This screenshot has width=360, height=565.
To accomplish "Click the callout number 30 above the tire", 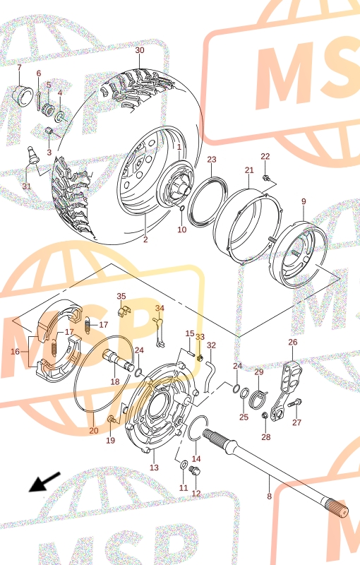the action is point(140,50).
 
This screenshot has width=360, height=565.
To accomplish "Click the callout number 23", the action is point(212,160).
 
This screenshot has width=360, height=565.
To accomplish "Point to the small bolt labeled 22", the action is point(265,178).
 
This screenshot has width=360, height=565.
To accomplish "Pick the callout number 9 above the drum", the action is point(304,201).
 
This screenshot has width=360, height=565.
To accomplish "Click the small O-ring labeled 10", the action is point(182,208).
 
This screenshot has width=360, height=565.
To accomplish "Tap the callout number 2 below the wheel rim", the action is point(145,239).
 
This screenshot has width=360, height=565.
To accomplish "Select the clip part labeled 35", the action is point(124,311).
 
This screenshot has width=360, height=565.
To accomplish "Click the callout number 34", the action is point(160,308).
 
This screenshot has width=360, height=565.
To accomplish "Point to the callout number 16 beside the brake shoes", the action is point(15,351).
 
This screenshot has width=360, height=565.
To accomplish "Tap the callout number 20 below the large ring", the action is point(94,430).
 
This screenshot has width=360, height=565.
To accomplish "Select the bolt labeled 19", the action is point(112,420).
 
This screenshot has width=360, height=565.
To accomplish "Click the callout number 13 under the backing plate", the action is point(154,468).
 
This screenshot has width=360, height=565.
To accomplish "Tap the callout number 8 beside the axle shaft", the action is point(269,496).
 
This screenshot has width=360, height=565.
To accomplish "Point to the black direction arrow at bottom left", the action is point(44,482).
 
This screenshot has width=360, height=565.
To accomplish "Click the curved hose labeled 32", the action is point(209,376).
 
